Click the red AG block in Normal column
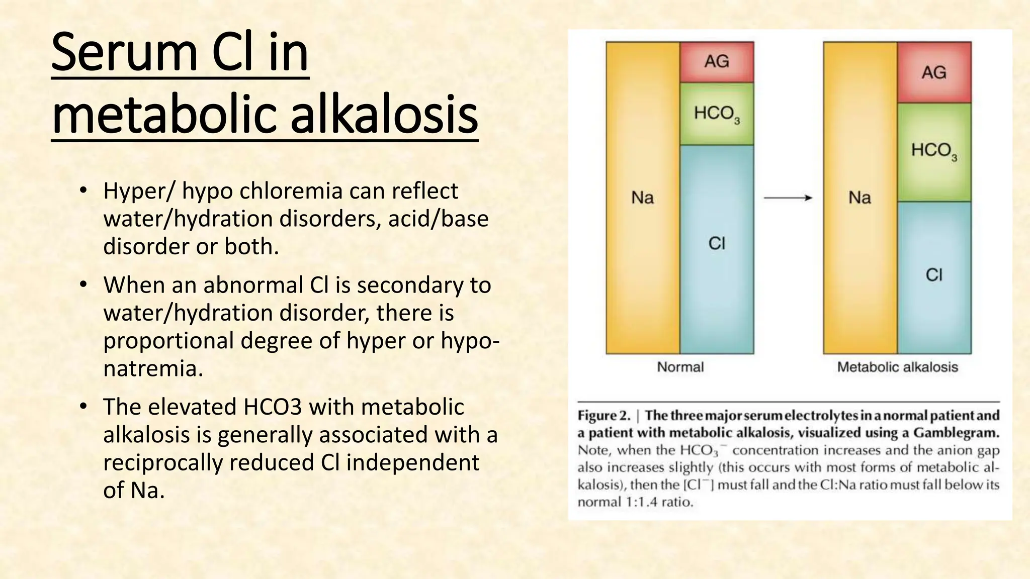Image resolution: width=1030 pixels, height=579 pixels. coord(717,62)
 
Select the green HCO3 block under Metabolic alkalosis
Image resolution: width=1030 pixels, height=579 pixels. coord(934,152)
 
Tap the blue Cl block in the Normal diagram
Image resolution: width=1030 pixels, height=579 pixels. coord(717,249)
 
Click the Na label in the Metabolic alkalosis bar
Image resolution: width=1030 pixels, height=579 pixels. coord(860,198)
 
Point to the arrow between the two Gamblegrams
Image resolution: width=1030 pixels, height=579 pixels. coord(788,198)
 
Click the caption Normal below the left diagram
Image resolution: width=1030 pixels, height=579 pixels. coord(680,367)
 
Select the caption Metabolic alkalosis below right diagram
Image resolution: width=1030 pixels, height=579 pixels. coord(897,367)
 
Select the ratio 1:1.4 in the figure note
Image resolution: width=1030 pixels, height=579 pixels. coord(640,502)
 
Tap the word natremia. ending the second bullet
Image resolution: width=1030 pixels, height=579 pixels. coord(153,368)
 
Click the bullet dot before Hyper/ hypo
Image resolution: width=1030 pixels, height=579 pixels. coord(83,191)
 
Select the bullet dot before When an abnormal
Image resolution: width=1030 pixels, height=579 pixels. coord(83,285)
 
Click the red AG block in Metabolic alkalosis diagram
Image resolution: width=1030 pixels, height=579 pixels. coord(934,72)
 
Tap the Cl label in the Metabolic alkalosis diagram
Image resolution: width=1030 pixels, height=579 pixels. coord(934,275)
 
